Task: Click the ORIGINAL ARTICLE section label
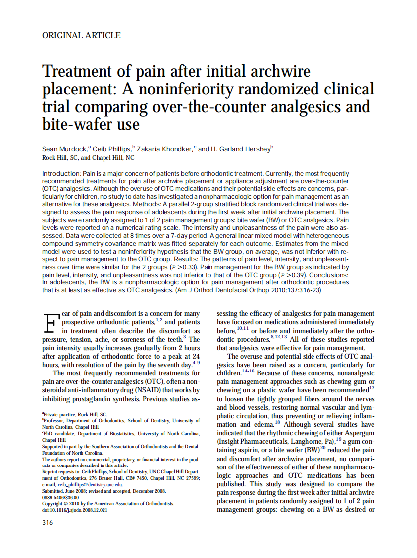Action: [x=81, y=35]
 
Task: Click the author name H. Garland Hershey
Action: [x=241, y=149]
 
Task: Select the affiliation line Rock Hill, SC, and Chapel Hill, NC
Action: [x=89, y=157]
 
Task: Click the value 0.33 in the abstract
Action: [x=187, y=267]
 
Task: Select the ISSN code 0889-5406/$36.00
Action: [x=61, y=497]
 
